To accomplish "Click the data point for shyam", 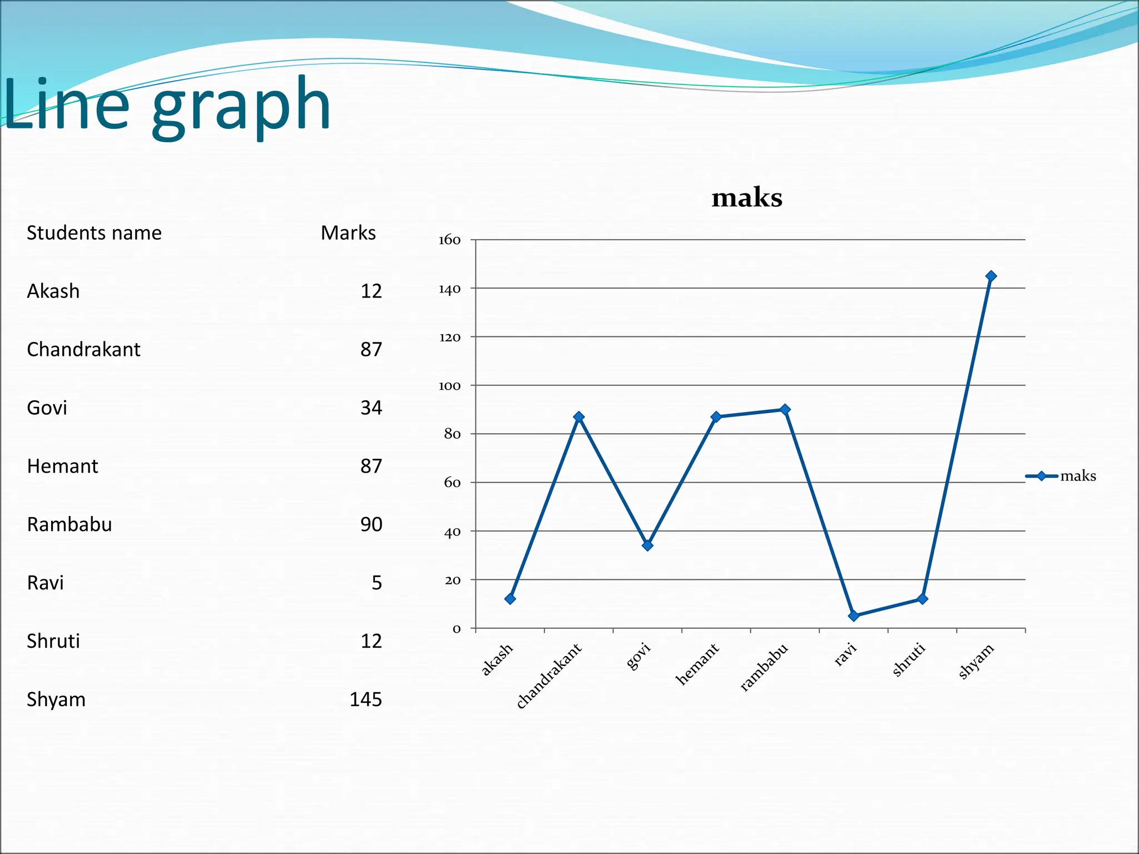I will (991, 276).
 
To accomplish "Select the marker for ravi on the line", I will (854, 616).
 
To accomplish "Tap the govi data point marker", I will (647, 545).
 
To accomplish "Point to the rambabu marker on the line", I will (785, 410).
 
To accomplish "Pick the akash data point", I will (510, 599).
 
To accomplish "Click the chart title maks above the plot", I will (747, 198).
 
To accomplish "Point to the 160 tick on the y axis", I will (449, 240).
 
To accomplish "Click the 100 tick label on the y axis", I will (449, 386).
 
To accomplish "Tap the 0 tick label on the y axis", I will (457, 629).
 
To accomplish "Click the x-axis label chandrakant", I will (548, 676).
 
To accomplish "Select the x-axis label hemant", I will (697, 664).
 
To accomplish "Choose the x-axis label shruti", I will (909, 659).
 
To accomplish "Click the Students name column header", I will (94, 233).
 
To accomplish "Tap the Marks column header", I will (348, 233).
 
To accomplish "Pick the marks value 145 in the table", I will (365, 699).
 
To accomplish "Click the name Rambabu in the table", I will (70, 525).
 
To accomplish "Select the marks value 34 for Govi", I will (371, 408).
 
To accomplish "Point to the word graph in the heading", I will (241, 106).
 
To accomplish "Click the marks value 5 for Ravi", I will (377, 583).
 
